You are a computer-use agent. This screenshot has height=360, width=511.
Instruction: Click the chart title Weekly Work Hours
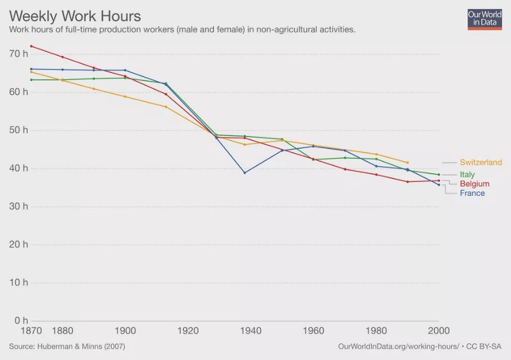click(x=75, y=15)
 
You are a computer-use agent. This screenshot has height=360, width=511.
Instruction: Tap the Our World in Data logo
click(x=484, y=19)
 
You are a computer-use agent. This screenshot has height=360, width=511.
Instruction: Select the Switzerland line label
click(x=480, y=163)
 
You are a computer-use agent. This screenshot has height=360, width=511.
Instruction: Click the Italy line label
click(x=467, y=174)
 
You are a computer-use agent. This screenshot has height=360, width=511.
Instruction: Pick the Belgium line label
click(x=474, y=184)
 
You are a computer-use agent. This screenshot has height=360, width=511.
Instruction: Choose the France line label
click(x=472, y=193)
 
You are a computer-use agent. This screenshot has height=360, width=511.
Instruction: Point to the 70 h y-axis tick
click(x=19, y=54)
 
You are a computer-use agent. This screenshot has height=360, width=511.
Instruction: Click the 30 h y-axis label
click(x=19, y=206)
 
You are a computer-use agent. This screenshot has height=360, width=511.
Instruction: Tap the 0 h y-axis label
click(x=21, y=320)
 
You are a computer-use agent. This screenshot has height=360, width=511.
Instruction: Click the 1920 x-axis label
click(x=188, y=331)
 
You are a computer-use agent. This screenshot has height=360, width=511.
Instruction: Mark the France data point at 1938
click(x=244, y=172)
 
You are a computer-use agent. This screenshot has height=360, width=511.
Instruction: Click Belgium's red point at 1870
click(x=31, y=46)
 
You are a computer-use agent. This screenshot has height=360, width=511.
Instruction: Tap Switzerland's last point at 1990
click(x=407, y=163)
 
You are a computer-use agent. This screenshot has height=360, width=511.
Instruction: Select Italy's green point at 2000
click(x=438, y=174)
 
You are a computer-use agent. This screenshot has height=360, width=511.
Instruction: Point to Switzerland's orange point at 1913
click(x=165, y=107)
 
